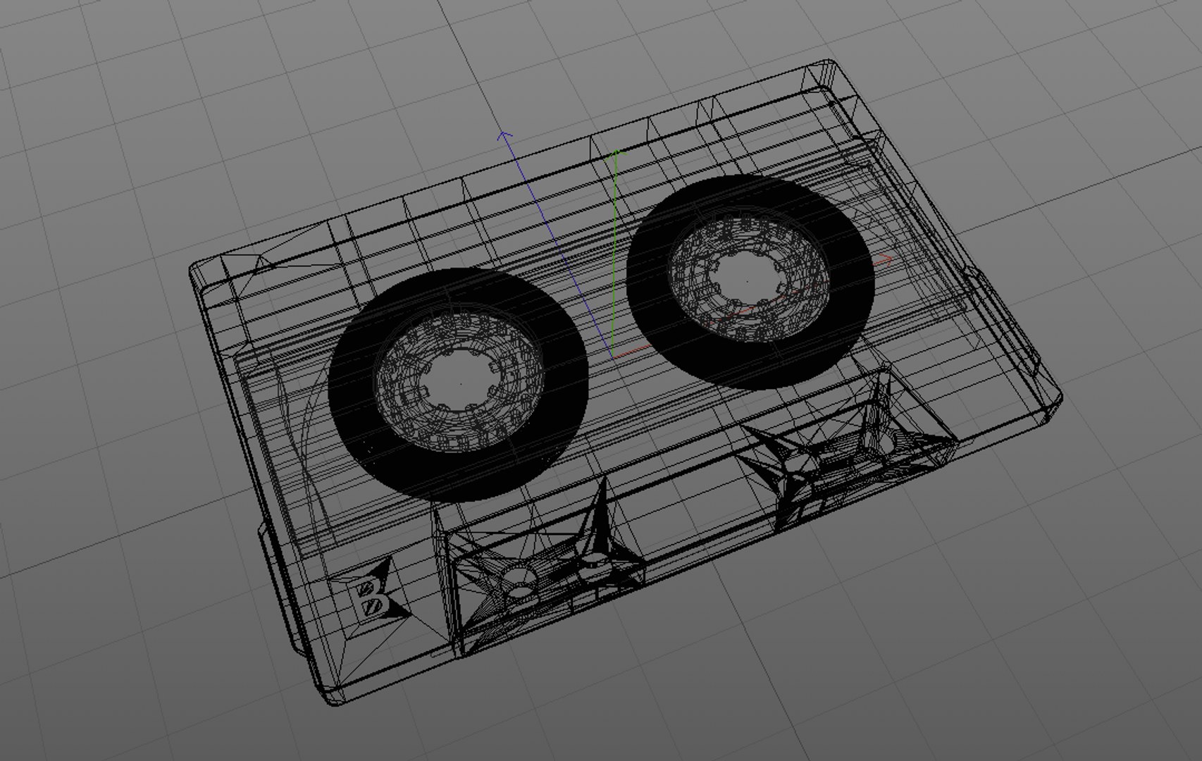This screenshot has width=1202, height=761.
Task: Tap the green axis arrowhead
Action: (617, 153)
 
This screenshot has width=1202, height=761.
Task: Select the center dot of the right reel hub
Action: (748, 281)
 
